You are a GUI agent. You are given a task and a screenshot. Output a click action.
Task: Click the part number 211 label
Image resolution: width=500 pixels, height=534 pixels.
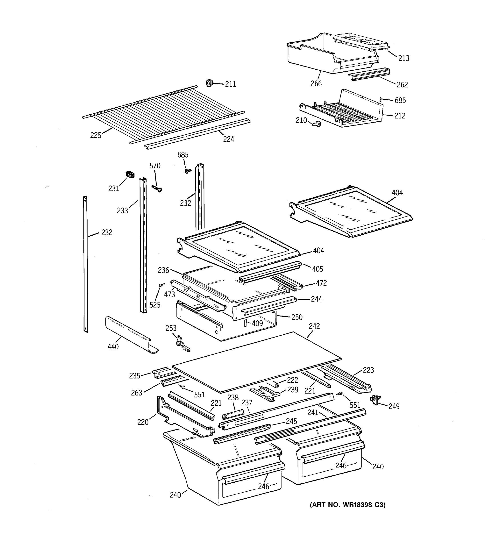[230, 84]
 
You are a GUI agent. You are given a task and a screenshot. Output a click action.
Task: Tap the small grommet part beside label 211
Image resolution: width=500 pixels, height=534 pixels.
[209, 83]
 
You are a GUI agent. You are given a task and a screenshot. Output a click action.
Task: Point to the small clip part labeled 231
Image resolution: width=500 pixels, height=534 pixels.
[130, 175]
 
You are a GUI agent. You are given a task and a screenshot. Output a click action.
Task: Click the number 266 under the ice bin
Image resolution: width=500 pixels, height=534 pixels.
[316, 83]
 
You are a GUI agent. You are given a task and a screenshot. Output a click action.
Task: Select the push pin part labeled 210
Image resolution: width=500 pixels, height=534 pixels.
[317, 124]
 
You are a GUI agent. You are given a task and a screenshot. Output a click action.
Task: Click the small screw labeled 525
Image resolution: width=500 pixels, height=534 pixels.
[162, 285]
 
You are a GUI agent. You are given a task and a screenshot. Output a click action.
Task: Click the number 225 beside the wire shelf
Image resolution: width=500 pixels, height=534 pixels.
[96, 135]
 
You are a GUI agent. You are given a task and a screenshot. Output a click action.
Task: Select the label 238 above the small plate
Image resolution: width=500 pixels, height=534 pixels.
[233, 398]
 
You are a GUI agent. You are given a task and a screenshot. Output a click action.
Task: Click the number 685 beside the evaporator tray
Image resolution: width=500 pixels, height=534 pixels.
[400, 101]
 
